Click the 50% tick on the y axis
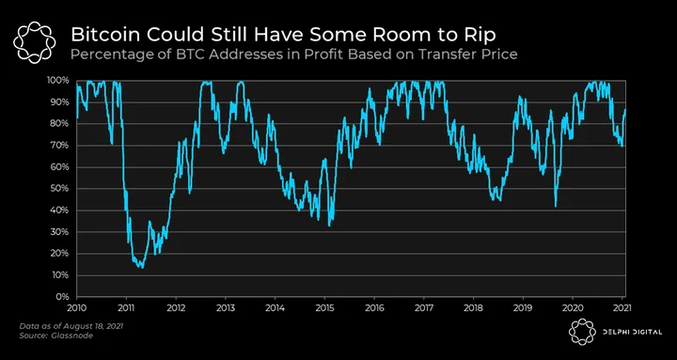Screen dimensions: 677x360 [61, 189]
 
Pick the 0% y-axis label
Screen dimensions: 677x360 [64, 297]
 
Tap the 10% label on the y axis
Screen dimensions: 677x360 [61, 275]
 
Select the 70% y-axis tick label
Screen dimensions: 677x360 [61, 146]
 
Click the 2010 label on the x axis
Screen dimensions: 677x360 [77, 308]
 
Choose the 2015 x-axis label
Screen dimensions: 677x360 [324, 308]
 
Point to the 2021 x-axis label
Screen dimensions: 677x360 [622, 308]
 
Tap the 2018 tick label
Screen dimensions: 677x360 [474, 308]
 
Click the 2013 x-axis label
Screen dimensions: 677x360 [226, 308]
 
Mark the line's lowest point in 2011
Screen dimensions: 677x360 [142, 268]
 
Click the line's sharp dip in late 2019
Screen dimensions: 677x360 [556, 206]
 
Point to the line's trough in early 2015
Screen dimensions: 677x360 [329, 226]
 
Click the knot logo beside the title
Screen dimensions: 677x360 [35, 42]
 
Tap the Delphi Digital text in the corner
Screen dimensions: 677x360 [631, 333]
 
